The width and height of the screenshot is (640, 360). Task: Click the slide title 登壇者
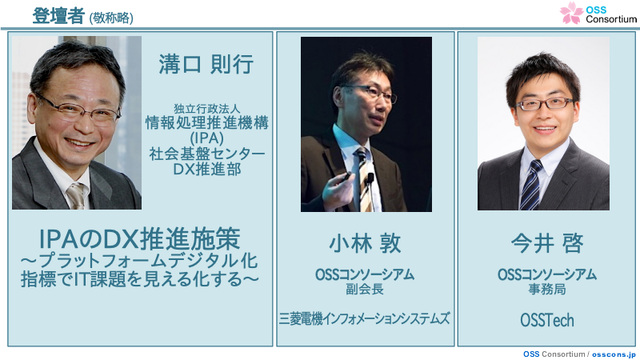(58, 16)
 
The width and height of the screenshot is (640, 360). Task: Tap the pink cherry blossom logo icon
(571, 13)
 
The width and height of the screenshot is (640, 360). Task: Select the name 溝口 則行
(206, 65)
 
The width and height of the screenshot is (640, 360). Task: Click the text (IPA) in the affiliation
(206, 138)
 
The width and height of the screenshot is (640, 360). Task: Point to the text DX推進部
(207, 169)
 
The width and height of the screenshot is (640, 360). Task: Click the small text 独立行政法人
(207, 109)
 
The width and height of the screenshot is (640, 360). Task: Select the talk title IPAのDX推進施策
(139, 239)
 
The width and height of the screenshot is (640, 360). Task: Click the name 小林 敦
(365, 243)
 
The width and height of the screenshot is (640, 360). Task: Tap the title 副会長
(365, 290)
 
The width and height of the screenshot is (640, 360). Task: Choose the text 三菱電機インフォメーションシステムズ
(365, 318)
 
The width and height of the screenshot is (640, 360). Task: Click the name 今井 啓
(547, 243)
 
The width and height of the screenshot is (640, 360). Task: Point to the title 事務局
(547, 290)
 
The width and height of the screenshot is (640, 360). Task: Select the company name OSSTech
(547, 321)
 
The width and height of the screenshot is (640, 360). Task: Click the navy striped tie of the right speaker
(531, 185)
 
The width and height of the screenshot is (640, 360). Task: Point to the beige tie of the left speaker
(76, 195)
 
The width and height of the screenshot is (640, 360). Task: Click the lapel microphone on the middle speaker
(370, 178)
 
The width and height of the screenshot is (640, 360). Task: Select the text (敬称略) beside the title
(111, 18)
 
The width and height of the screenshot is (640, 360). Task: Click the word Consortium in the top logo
(611, 18)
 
